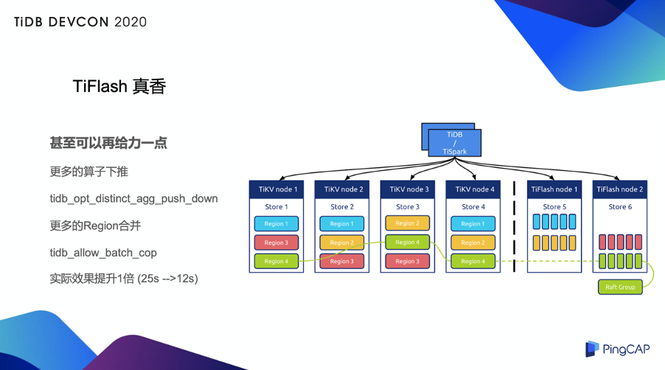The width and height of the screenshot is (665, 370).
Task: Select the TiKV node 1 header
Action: point(276,189)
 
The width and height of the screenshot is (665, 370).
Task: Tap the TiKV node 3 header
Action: point(408,189)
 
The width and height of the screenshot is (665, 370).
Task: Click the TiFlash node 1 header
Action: point(554,189)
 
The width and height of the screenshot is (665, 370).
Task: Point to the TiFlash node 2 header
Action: point(620,189)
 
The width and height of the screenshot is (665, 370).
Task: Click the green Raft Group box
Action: point(620,287)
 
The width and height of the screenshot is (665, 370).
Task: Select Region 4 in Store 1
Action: point(276,261)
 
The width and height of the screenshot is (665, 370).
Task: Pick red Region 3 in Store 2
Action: point(342,261)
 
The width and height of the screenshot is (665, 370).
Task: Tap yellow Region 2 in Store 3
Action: point(408,223)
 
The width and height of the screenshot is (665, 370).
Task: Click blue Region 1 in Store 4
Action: point(473,223)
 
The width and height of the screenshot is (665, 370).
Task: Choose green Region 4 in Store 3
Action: point(408,242)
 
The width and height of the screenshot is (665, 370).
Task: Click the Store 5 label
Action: point(554,207)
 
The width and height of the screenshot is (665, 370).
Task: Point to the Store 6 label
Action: point(620,207)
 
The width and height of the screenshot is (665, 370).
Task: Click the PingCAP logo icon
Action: point(592,349)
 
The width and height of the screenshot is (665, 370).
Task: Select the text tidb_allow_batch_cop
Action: point(103,253)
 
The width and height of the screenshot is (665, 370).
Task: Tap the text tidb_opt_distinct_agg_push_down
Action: point(133,199)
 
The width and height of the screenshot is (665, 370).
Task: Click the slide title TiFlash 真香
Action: point(119,86)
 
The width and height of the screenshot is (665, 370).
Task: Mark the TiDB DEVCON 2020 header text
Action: point(80,22)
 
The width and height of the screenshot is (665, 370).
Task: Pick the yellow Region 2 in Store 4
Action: point(473,242)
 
